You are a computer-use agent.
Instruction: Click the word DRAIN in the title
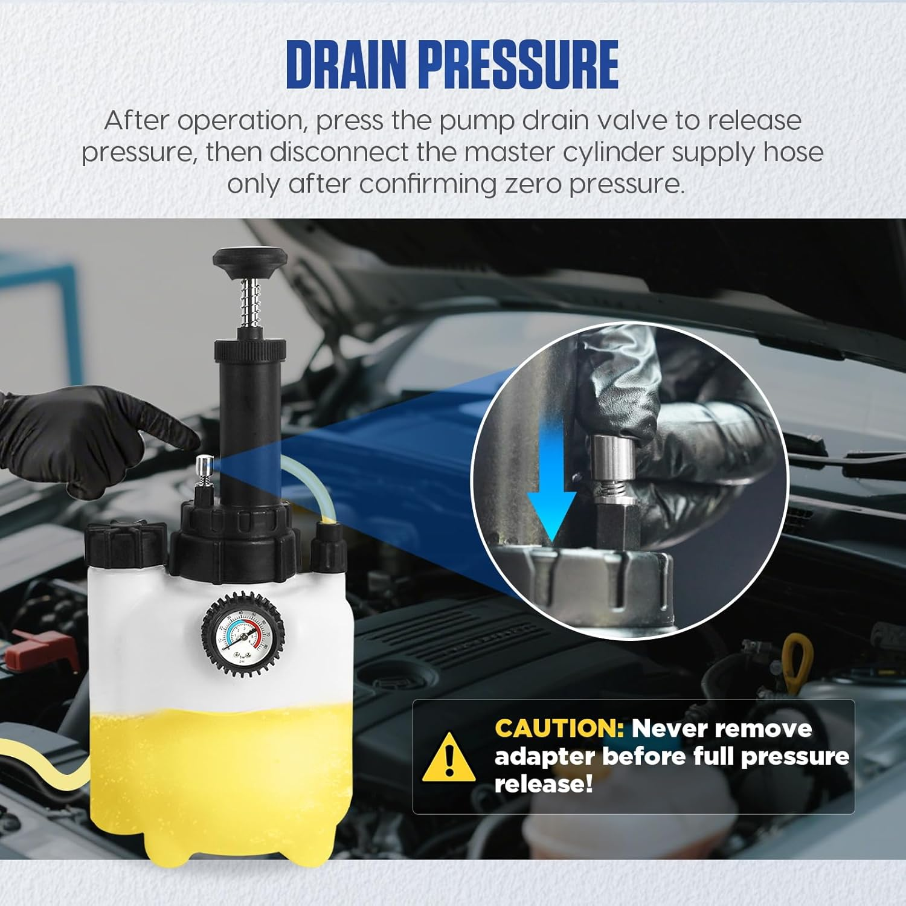(347, 65)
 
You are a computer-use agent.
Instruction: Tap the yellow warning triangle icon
(448, 756)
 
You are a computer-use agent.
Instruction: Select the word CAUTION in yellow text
(559, 728)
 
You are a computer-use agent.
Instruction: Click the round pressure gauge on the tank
(242, 635)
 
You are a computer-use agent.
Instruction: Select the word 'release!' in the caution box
(543, 785)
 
